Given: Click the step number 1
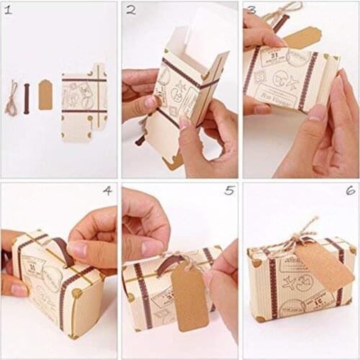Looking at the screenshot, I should (x=9, y=10).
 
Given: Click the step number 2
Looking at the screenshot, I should (x=131, y=10).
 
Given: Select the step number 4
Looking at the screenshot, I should (x=107, y=191).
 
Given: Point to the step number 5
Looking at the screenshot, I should (x=229, y=191).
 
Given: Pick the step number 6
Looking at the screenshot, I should (x=350, y=191).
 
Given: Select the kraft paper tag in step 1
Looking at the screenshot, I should (x=45, y=95).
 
